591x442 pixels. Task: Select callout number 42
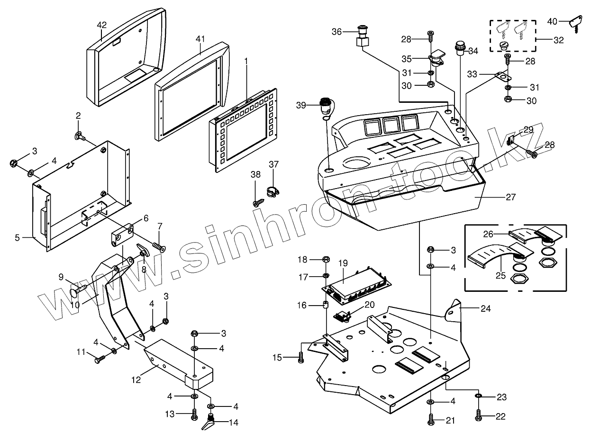click(x=102, y=25)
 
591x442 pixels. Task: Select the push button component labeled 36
click(x=362, y=38)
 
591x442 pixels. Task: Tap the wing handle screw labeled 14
click(x=209, y=423)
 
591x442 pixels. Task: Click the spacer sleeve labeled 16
click(x=326, y=305)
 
